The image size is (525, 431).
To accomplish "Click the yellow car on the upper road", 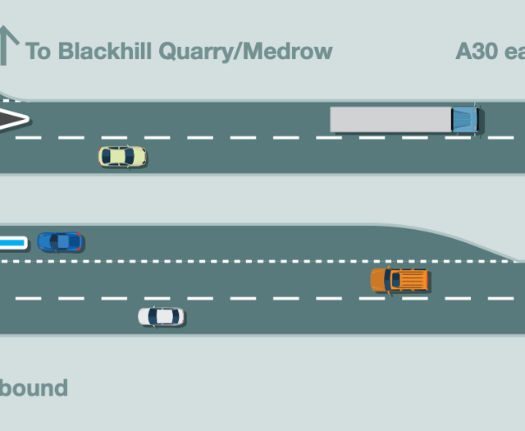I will (122, 156).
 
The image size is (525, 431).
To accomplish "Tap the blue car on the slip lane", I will (60, 242).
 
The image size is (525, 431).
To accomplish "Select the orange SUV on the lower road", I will (399, 280).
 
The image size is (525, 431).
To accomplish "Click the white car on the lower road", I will (161, 316).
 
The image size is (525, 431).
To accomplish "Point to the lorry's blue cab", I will (465, 119).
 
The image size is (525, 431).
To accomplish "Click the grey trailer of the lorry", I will (390, 119).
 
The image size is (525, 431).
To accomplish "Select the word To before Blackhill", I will (38, 52).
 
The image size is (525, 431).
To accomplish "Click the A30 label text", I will (477, 52).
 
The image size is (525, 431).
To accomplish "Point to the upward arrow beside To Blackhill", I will (8, 45).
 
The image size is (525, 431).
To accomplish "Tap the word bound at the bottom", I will (34, 387).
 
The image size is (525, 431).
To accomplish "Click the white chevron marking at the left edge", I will (14, 119).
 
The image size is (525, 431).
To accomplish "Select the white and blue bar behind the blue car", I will (13, 243).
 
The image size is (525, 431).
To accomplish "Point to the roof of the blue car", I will (61, 242).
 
